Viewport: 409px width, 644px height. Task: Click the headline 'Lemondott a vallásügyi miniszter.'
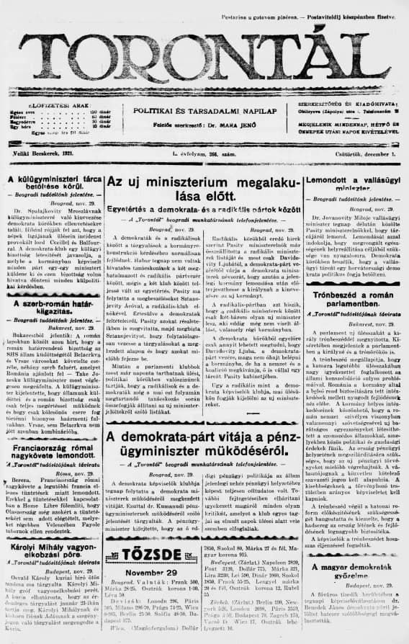tap(355, 184)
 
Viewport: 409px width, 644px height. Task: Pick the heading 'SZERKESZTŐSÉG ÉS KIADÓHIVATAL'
tap(354, 105)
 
